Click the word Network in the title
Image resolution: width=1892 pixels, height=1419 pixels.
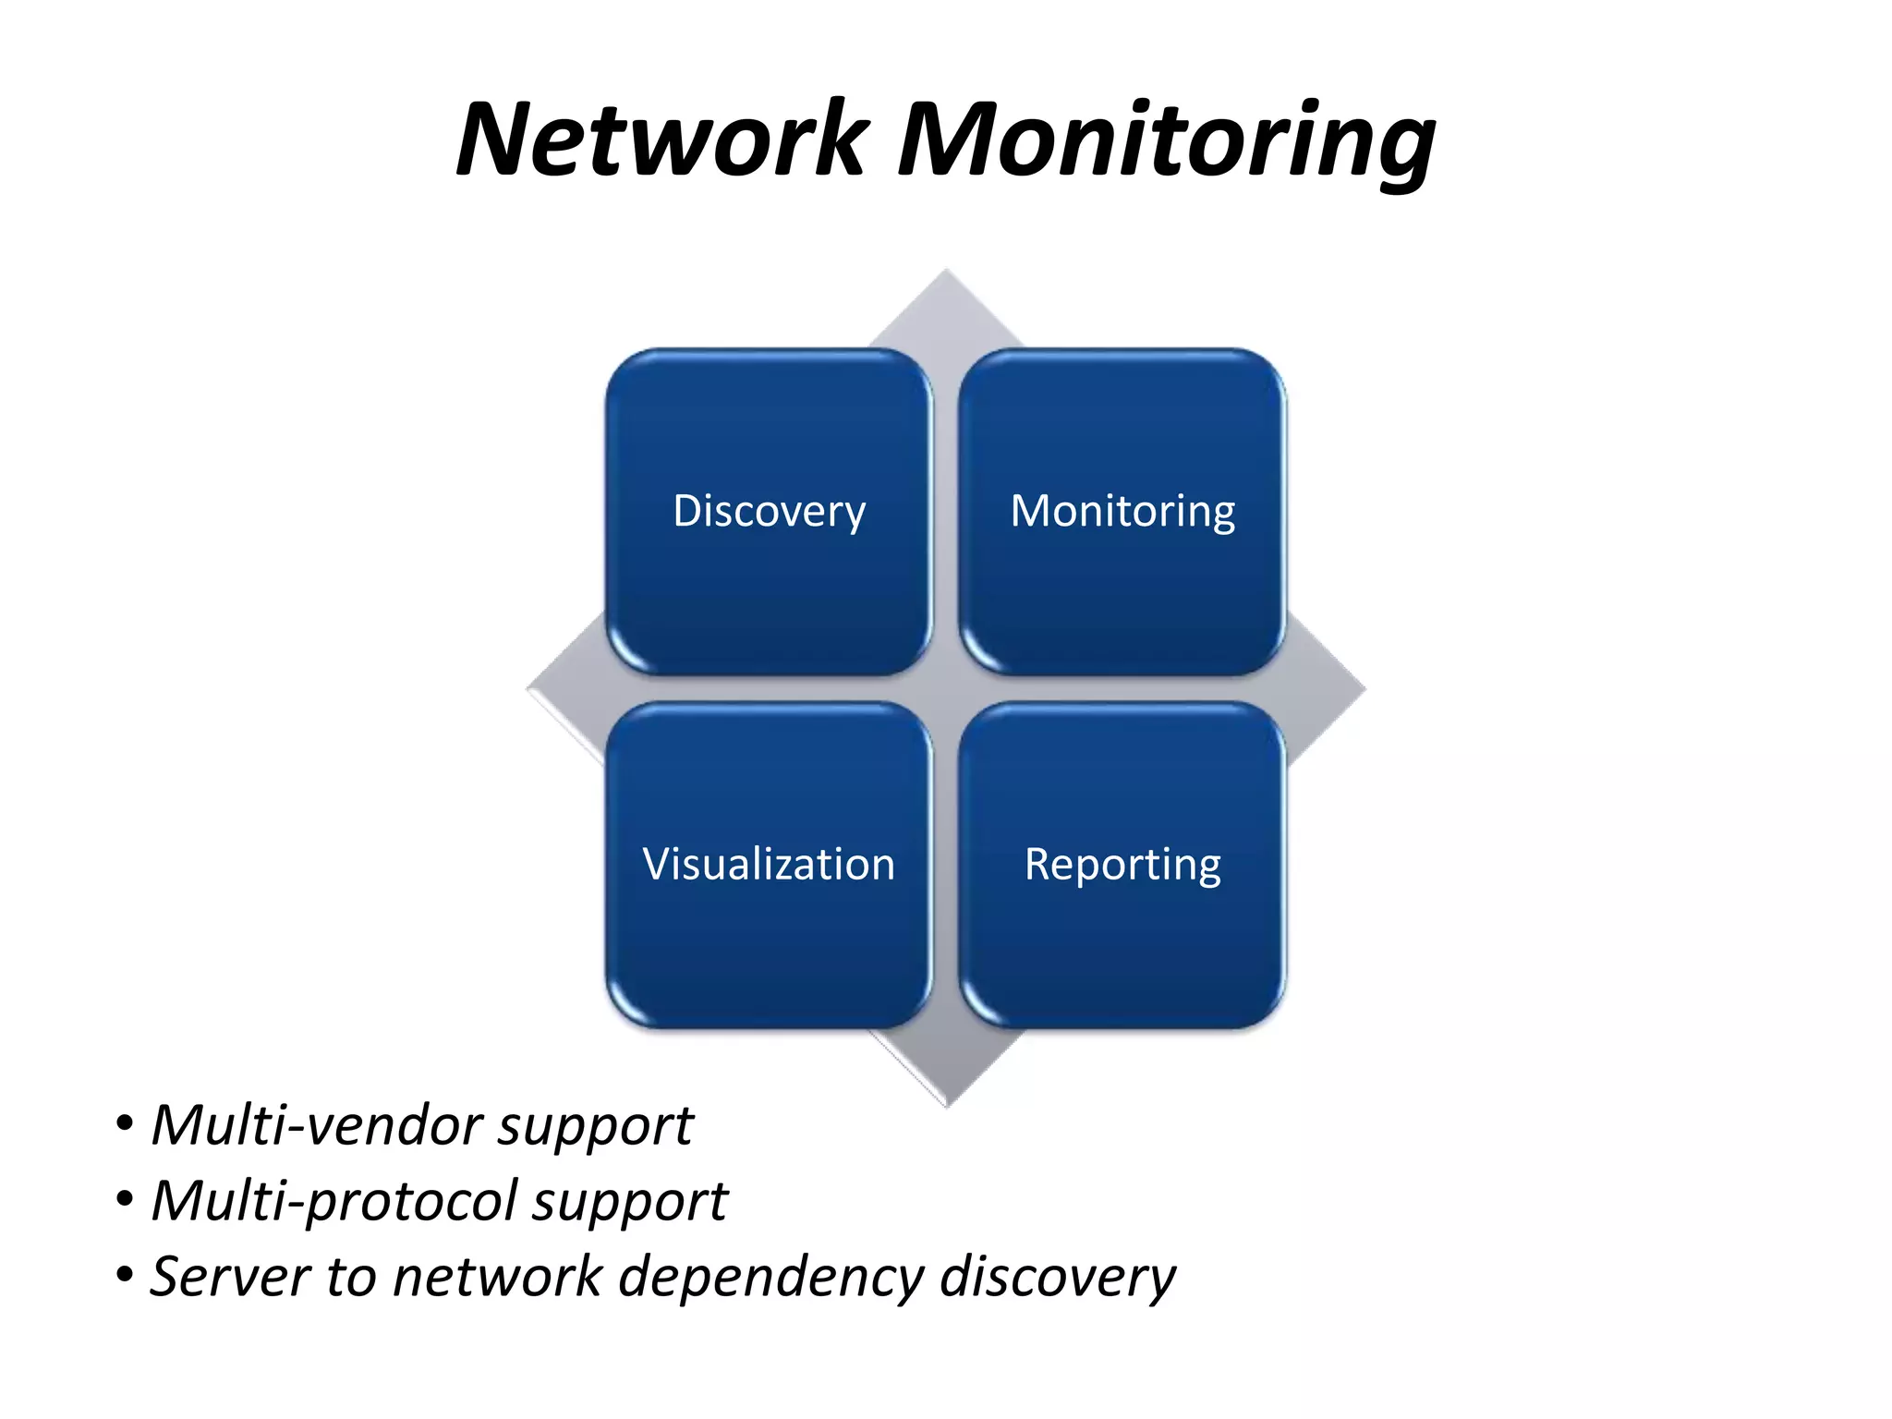(x=661, y=140)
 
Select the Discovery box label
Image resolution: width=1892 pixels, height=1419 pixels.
(x=769, y=511)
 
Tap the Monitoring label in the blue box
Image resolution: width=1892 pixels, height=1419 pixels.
(x=1122, y=511)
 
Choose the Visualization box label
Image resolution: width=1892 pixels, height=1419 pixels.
(x=769, y=865)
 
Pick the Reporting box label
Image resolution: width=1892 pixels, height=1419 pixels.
(x=1122, y=865)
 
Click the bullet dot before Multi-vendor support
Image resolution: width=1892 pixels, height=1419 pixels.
(x=124, y=1125)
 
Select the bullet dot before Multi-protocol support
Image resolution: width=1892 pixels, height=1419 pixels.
(x=124, y=1201)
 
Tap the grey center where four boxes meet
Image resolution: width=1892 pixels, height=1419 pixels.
(x=946, y=689)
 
